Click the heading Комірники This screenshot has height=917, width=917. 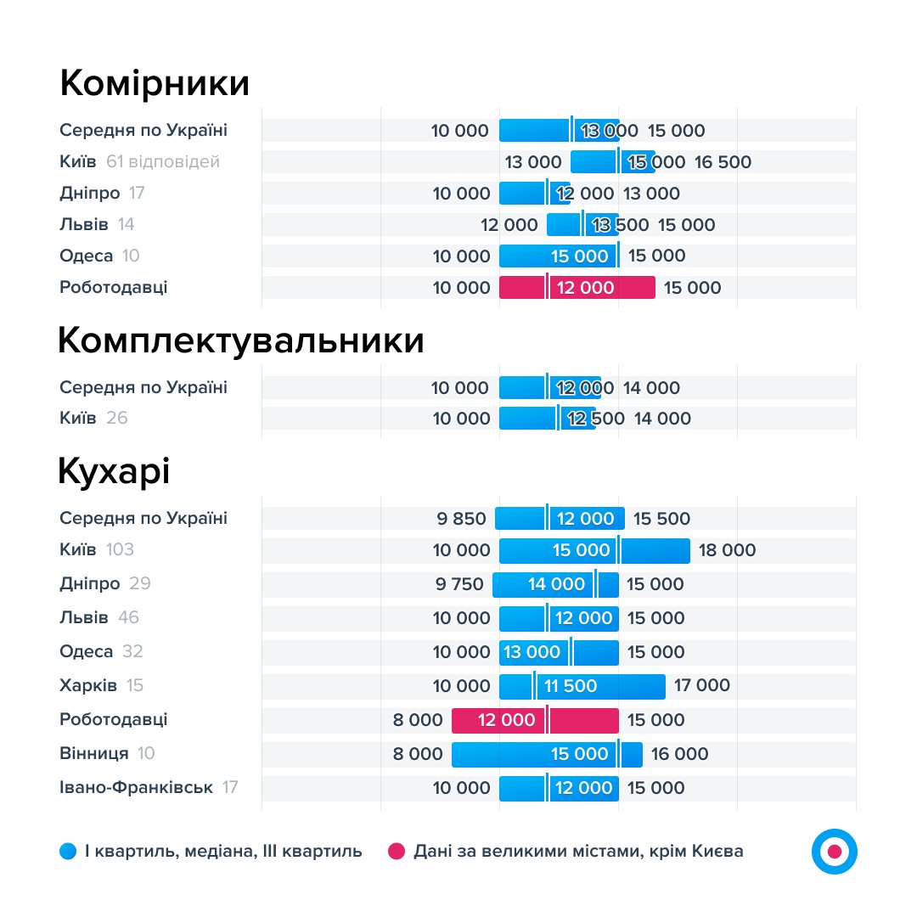155,84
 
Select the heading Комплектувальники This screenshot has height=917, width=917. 241,340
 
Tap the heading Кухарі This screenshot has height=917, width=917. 114,471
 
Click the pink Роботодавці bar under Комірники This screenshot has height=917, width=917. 577,288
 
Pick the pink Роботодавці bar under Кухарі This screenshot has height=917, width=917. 535,720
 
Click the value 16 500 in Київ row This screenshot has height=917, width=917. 723,162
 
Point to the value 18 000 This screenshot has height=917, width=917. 727,550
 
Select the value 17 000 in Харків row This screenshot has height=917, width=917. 701,685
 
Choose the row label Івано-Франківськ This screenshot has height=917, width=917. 136,787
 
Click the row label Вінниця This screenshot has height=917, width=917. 94,753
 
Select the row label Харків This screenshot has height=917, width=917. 88,685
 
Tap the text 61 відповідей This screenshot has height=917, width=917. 163,161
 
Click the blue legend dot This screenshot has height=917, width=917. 69,851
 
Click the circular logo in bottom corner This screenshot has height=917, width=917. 834,851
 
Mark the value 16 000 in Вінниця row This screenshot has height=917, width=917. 679,754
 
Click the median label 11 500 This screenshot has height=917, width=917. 571,686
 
